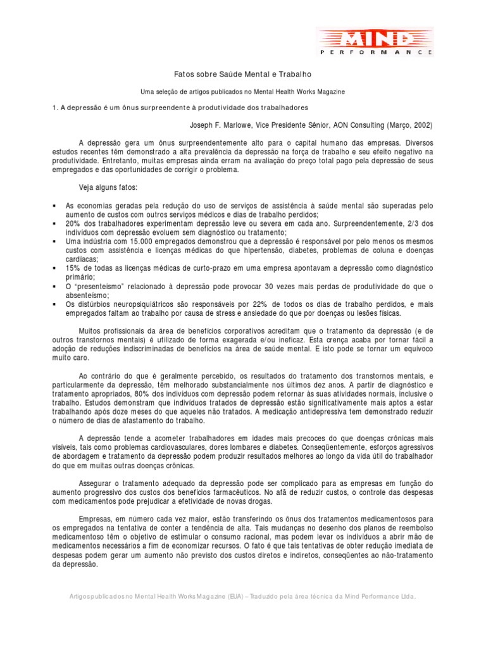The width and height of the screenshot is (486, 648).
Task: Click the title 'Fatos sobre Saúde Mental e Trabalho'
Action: (x=243, y=75)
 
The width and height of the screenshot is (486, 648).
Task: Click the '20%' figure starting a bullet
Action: (x=73, y=223)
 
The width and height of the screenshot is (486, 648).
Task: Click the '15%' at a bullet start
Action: (x=73, y=268)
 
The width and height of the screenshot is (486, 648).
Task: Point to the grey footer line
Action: (x=243, y=597)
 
